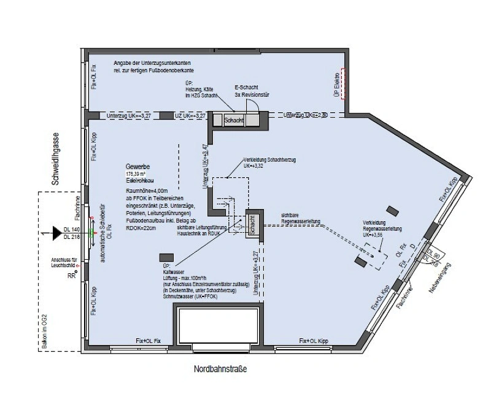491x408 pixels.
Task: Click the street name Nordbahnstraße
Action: (x=220, y=369)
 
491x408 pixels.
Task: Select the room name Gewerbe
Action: (x=138, y=167)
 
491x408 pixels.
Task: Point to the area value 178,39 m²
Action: (x=137, y=175)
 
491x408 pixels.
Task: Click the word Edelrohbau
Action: (x=139, y=182)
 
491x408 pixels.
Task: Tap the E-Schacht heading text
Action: (x=247, y=88)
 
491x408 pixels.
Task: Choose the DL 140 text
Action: (x=72, y=229)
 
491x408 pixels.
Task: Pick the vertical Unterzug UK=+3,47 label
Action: (x=205, y=166)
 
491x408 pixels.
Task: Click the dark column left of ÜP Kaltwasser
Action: (x=165, y=258)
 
